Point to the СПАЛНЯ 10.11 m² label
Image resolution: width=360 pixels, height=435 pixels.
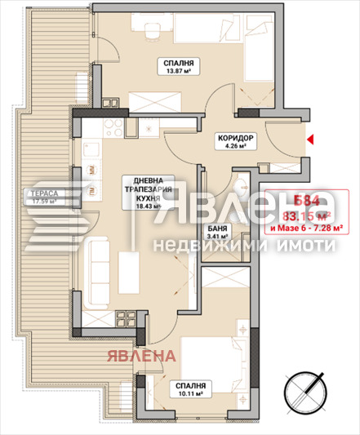point(188,389)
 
